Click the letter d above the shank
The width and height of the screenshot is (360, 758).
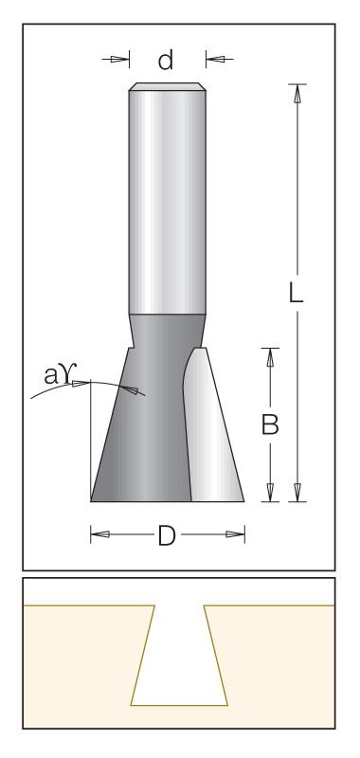(x=166, y=61)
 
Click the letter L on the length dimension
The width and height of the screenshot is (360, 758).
(x=296, y=293)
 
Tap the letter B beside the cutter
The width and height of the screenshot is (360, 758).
(x=270, y=425)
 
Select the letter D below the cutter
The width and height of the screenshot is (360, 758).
(x=167, y=536)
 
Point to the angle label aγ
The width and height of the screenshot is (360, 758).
(x=58, y=375)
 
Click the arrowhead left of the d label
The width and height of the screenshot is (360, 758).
(x=119, y=60)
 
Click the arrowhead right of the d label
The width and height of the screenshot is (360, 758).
(x=215, y=60)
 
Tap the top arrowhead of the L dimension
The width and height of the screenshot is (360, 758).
(x=297, y=93)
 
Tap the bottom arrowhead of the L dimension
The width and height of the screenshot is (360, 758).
(x=297, y=492)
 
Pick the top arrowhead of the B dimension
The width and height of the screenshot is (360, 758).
(x=270, y=357)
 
